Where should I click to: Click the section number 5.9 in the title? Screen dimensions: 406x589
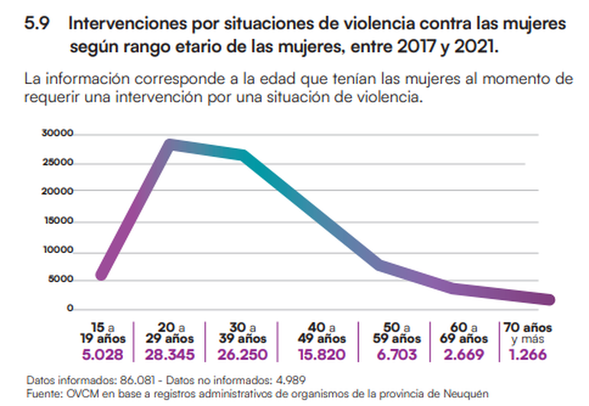click(37, 24)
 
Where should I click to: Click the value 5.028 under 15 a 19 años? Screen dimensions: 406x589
click(99, 355)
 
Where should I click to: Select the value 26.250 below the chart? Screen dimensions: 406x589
click(242, 355)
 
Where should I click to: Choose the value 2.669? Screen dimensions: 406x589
click(464, 355)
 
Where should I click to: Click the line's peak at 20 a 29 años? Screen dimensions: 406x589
click(169, 144)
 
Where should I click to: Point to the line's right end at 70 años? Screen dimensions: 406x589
click(548, 300)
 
